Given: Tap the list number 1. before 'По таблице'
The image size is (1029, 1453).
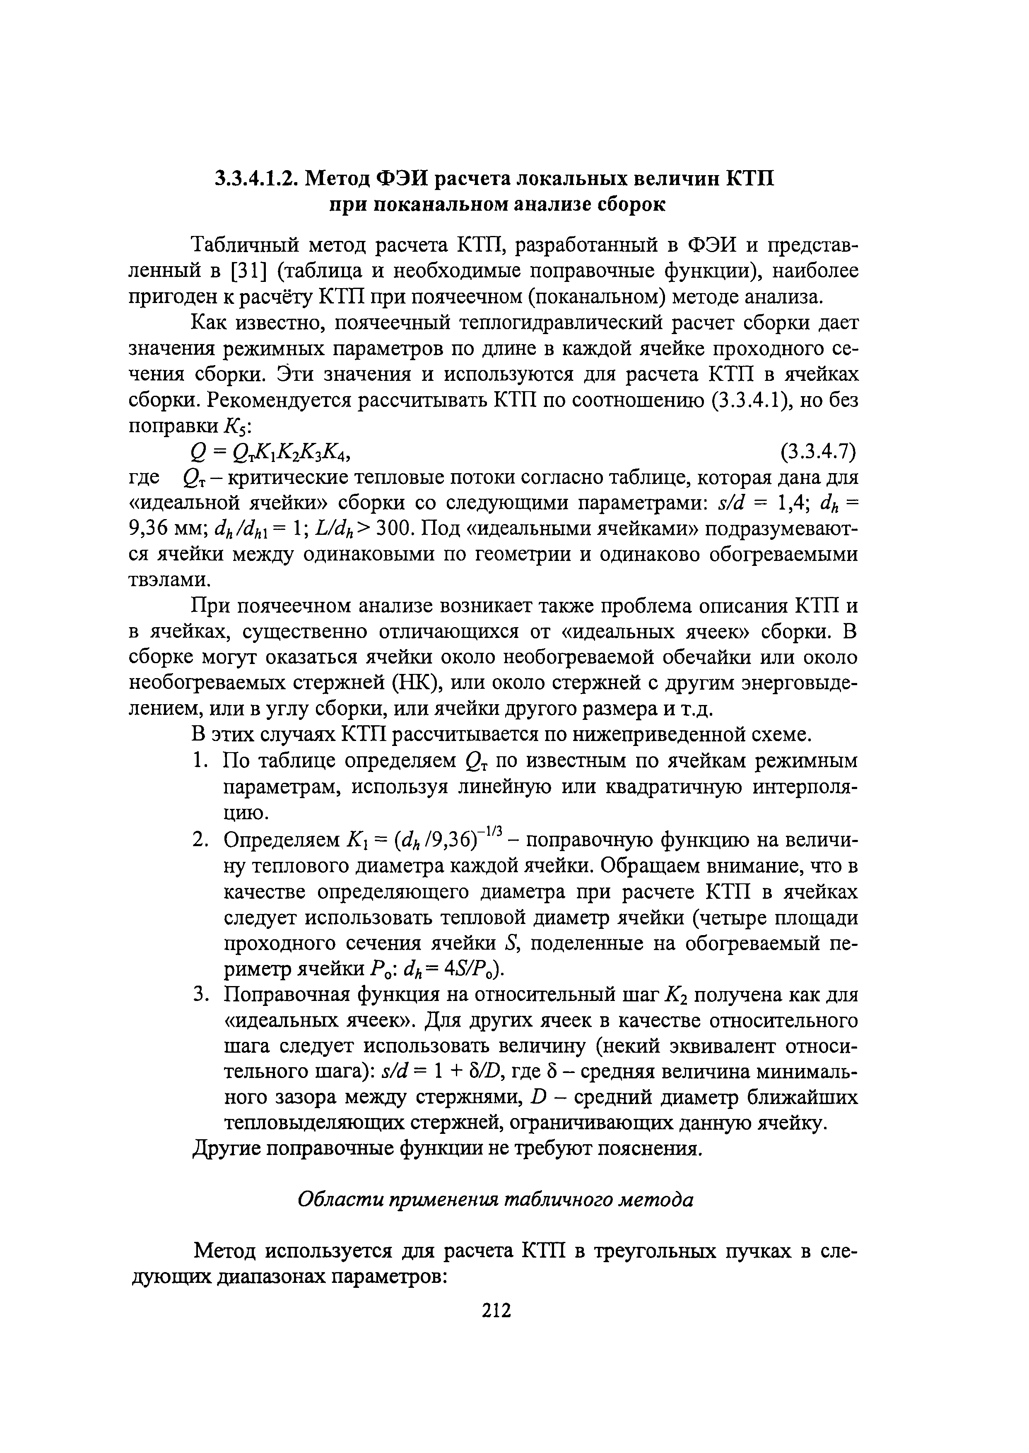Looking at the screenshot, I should coord(200,761).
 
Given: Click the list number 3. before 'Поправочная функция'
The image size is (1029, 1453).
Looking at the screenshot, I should coord(200,995).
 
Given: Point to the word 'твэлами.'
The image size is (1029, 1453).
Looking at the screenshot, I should coord(169,581).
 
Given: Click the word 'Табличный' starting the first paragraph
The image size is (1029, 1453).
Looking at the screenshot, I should coord(244,245).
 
